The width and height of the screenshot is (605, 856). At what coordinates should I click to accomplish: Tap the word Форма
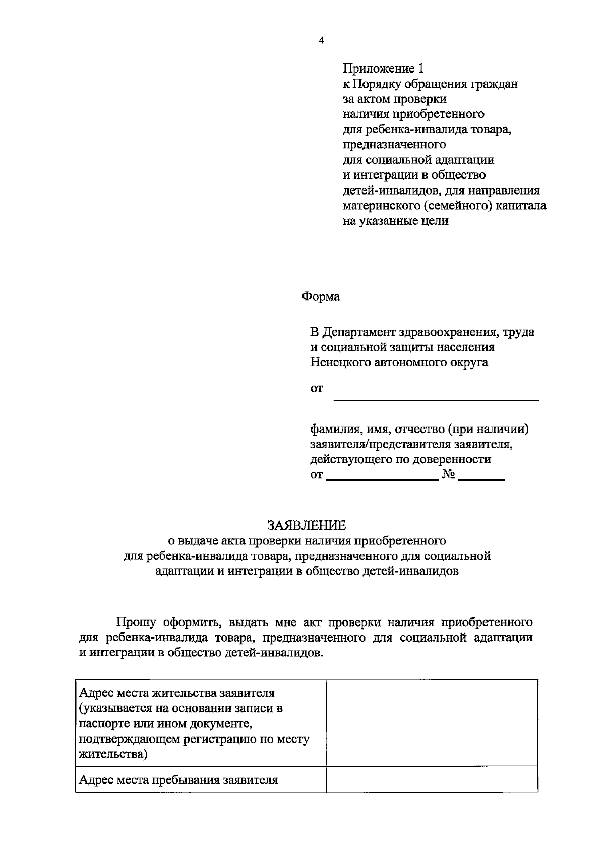click(321, 297)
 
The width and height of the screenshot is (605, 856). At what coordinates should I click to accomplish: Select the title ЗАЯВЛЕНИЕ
click(307, 525)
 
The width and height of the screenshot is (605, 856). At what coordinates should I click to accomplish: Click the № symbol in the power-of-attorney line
click(449, 475)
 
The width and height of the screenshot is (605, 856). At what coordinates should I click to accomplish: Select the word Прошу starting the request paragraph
click(136, 622)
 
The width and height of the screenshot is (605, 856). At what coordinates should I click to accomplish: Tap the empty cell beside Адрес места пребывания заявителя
click(432, 780)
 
